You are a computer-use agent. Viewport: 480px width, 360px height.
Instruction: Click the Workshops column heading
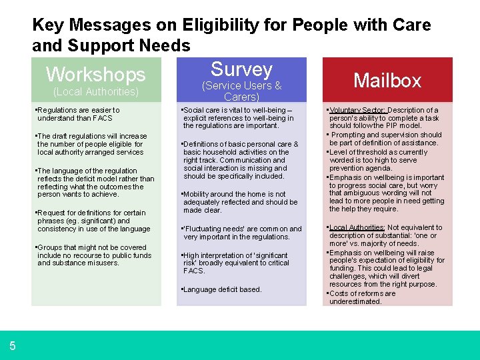(x=95, y=74)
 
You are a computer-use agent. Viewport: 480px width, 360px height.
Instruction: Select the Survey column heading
(x=241, y=69)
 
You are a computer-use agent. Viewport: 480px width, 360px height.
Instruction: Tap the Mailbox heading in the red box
(x=387, y=81)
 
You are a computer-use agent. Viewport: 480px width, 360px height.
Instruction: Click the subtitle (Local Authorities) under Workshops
(x=95, y=91)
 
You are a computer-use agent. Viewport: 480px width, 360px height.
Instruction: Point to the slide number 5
(x=13, y=345)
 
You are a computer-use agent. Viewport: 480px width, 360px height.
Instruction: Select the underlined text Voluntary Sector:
(x=357, y=110)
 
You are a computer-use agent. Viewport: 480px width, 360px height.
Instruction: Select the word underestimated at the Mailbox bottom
(x=355, y=301)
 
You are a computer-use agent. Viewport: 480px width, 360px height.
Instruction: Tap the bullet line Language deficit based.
(x=223, y=289)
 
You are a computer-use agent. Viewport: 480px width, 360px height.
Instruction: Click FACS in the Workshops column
(x=103, y=118)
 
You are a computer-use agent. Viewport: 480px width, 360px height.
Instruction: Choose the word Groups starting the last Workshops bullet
(x=51, y=247)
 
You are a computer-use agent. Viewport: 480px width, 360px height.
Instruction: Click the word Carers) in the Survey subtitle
(x=241, y=97)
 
